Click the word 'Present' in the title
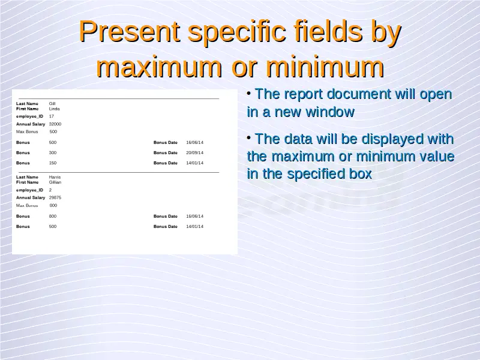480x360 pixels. tap(129, 31)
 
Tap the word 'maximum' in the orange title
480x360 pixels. tap(159, 67)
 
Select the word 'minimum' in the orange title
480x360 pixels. tap(325, 67)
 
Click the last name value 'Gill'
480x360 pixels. tap(52, 104)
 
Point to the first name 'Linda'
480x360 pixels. tap(55, 109)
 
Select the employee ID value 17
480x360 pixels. tap(52, 116)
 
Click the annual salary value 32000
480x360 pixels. tap(55, 124)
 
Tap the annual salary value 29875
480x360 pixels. tap(55, 198)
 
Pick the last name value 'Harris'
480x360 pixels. tap(55, 177)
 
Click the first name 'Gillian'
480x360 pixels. tap(55, 182)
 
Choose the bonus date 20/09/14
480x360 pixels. tap(194, 153)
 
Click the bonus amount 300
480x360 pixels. tap(53, 153)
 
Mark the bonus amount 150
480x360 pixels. tap(53, 163)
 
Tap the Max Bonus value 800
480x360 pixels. tap(53, 205)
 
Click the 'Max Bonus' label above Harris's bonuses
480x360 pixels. tap(27, 205)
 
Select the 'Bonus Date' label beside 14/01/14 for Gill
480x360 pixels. tap(166, 163)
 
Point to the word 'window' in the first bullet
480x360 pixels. tap(330, 112)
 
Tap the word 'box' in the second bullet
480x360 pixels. tap(361, 174)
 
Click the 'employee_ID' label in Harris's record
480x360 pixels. tap(29, 190)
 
